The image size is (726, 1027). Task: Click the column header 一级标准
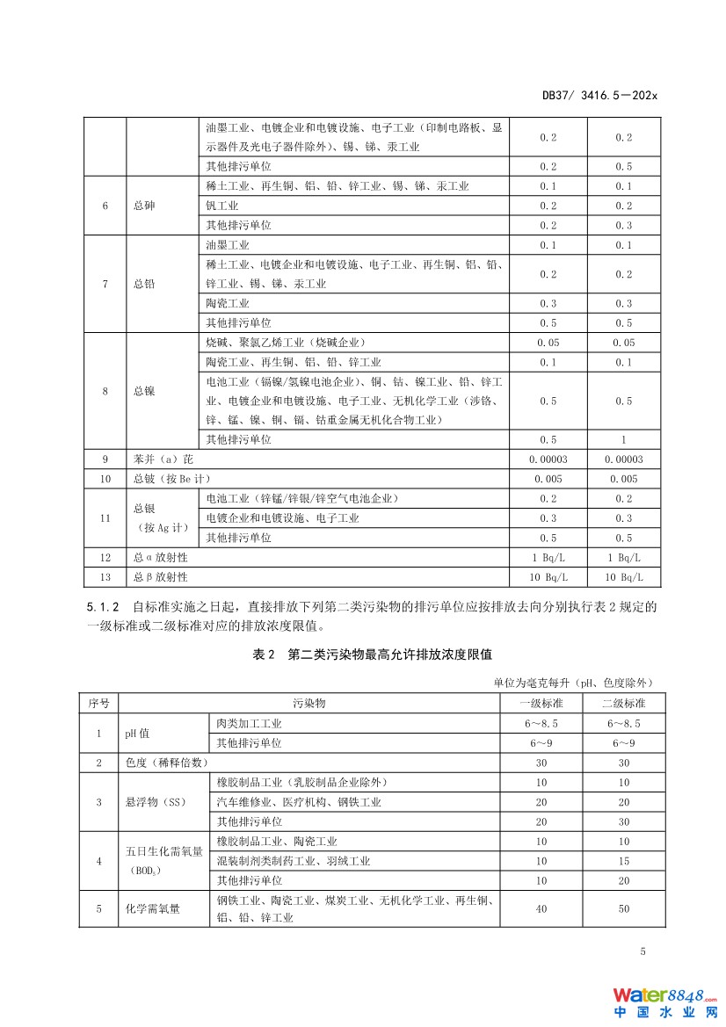tap(541, 703)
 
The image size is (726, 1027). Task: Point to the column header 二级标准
tap(623, 703)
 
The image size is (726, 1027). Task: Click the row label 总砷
tap(145, 206)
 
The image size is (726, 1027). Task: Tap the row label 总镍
tap(145, 391)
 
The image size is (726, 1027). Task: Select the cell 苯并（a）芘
tap(161, 459)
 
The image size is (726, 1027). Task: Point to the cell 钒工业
tap(222, 206)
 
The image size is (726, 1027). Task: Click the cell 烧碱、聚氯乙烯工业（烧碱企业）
tap(285, 343)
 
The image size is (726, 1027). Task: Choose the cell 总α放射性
tap(161, 557)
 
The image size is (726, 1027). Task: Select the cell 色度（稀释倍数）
tap(167, 763)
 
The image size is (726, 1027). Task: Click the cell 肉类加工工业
tap(250, 723)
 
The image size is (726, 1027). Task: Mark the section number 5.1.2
tap(102, 607)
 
